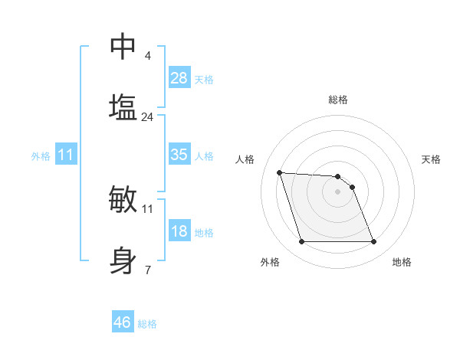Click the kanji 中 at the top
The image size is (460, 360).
(x=123, y=46)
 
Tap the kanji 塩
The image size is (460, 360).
(x=123, y=107)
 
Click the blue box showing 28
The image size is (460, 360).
(x=179, y=78)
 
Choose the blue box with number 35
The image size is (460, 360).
(x=179, y=155)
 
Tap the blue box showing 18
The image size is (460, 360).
(x=179, y=231)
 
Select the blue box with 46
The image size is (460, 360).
(x=123, y=322)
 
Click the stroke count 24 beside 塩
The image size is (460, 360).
(x=148, y=117)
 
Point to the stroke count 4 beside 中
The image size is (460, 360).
(x=148, y=56)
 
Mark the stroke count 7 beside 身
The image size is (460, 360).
(x=148, y=270)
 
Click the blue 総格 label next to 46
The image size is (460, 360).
(x=147, y=324)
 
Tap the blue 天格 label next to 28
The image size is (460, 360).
(x=204, y=80)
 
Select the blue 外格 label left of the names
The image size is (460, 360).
(x=41, y=156)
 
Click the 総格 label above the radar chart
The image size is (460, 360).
(x=338, y=100)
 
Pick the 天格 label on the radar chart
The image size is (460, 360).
(x=432, y=159)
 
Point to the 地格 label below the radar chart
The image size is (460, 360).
(x=402, y=262)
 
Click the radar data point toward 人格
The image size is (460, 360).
(x=279, y=172)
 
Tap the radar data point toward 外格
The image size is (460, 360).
(x=301, y=242)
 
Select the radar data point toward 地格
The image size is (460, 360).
(x=373, y=242)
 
